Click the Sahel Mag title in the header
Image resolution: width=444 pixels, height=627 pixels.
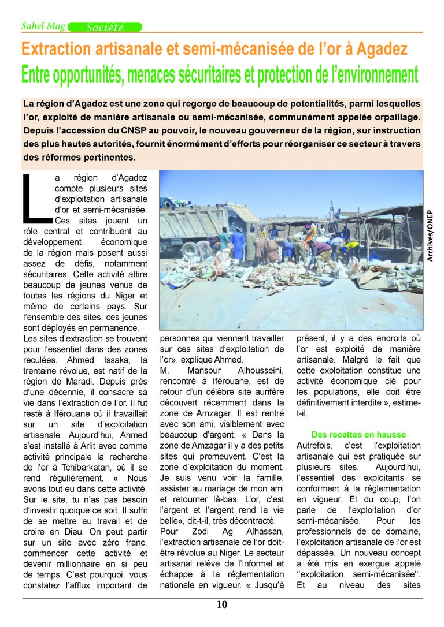point(43,27)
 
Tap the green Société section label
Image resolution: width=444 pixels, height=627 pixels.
point(105,27)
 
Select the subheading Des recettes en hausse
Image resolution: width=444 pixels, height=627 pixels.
point(358,434)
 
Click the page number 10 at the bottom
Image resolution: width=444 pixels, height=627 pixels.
point(223,605)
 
